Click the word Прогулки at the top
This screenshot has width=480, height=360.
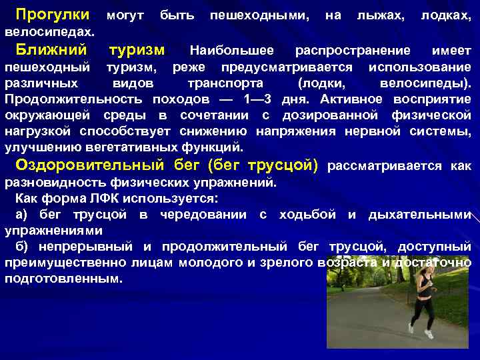pyautogui.click(x=52, y=14)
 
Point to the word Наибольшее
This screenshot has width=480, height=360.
pyautogui.click(x=232, y=51)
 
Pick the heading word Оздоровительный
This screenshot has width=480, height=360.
pyautogui.click(x=89, y=165)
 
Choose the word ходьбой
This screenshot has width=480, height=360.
pyautogui.click(x=310, y=214)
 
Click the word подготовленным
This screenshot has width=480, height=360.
pyautogui.click(x=64, y=279)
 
